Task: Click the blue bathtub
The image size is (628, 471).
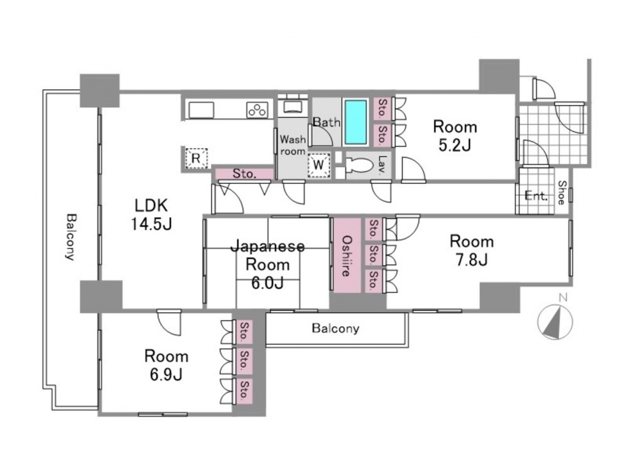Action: [355, 122]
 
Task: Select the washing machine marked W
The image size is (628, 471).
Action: [318, 165]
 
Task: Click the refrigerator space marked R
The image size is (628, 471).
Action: [196, 158]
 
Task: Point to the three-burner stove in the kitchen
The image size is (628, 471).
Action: [257, 110]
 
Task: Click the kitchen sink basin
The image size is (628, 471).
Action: [201, 110]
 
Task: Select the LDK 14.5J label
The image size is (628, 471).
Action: [151, 215]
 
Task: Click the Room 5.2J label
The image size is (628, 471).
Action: [455, 136]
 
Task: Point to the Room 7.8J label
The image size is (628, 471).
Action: [472, 251]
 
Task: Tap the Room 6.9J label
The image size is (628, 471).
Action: [166, 365]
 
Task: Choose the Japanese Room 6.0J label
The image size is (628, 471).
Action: [268, 264]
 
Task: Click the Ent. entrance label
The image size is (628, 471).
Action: [536, 196]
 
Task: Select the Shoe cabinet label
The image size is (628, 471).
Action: [562, 193]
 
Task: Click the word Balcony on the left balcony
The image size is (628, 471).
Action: [71, 237]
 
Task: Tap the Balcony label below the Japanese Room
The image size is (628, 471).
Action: [335, 328]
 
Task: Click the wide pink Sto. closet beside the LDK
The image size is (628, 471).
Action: [244, 174]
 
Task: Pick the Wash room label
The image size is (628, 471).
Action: [293, 146]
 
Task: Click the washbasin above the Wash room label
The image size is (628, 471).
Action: [293, 106]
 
